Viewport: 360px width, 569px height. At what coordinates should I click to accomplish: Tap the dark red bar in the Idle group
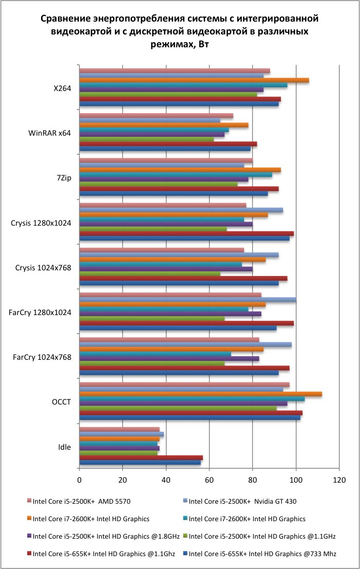point(141,457)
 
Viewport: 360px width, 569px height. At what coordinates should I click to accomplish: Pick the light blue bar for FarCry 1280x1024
point(187,300)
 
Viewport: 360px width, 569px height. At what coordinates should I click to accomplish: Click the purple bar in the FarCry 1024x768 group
point(169,358)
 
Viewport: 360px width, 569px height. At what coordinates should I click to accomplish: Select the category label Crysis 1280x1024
point(41,223)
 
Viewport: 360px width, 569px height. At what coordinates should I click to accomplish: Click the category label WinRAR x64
point(49,133)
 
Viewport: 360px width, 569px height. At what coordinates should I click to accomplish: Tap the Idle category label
point(65,447)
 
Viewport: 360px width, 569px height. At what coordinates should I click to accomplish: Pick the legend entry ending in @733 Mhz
point(262,554)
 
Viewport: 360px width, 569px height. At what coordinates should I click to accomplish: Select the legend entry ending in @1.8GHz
point(106,536)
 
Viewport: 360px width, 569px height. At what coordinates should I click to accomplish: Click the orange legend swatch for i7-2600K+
point(29,519)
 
